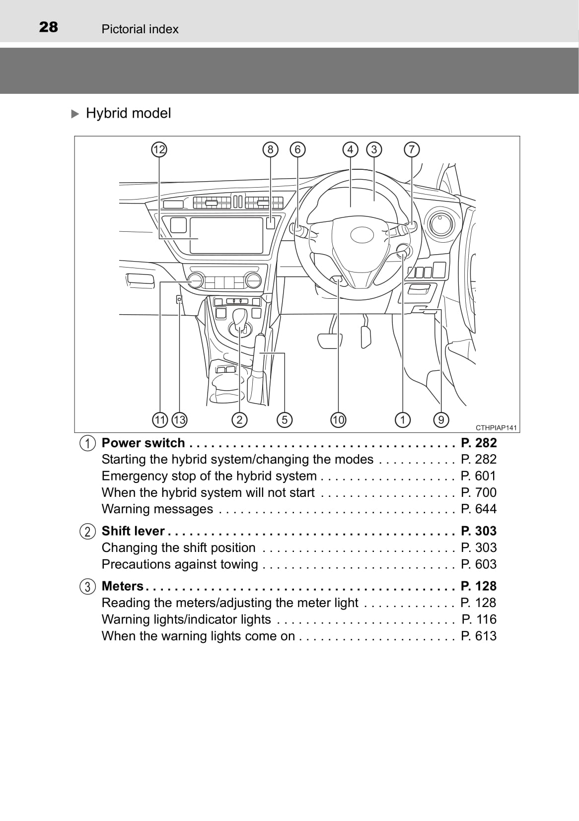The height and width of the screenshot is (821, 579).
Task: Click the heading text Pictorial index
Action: click(140, 29)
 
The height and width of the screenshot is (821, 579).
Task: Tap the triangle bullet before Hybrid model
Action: click(75, 114)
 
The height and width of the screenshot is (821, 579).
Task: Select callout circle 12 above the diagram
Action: click(159, 149)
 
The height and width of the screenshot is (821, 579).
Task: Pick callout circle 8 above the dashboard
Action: click(270, 149)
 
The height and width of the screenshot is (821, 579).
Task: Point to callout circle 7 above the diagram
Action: click(412, 149)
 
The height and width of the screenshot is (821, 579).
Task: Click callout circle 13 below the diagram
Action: click(179, 420)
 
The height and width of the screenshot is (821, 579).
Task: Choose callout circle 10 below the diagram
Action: click(338, 420)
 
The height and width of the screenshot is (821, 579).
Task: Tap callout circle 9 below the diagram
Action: click(441, 420)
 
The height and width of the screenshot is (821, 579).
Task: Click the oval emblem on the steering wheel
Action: click(362, 235)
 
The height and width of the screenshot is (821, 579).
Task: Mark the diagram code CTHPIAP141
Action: click(496, 427)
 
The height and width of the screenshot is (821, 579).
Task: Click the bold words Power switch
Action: click(143, 443)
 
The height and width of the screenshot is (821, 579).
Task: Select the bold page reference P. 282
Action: click(478, 443)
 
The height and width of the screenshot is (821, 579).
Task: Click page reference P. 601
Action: click(478, 476)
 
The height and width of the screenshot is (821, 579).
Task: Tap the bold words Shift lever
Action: click(133, 531)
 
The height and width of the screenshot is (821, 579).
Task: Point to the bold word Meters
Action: click(122, 586)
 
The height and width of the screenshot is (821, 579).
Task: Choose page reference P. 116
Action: click(479, 619)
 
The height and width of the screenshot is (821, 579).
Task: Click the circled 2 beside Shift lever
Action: click(87, 532)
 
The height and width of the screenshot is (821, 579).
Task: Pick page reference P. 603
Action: click(478, 564)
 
